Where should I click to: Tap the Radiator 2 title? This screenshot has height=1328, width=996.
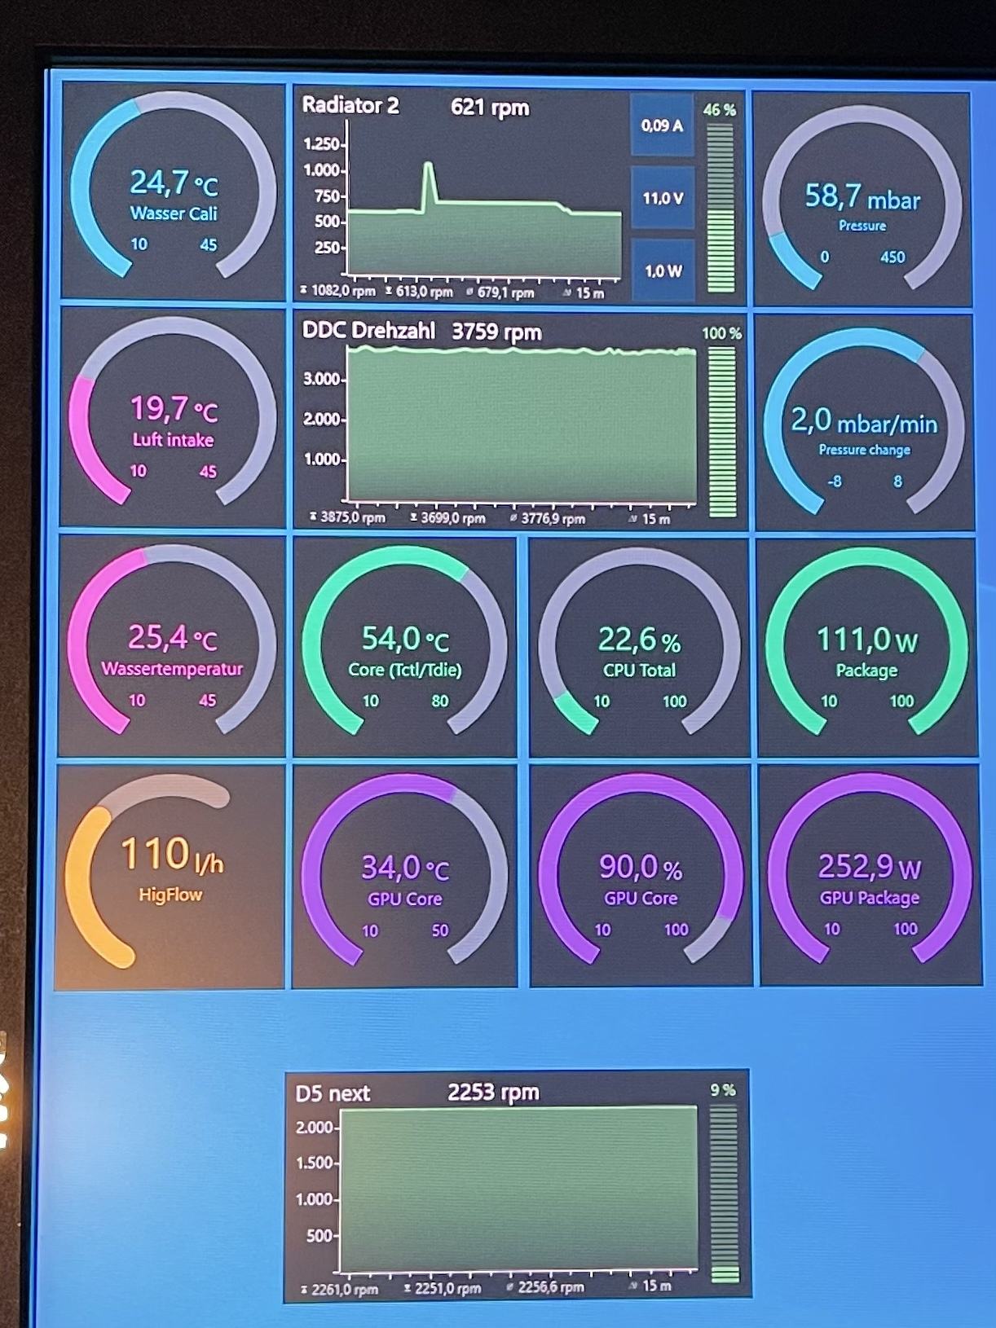(350, 106)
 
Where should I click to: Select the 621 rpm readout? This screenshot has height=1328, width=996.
(490, 107)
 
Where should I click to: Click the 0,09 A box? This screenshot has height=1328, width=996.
(662, 125)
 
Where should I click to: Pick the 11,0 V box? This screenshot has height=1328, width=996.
(663, 198)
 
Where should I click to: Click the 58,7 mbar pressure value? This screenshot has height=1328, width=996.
(862, 197)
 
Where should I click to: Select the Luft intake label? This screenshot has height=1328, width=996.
(173, 440)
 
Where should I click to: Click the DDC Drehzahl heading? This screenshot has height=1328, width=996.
(368, 331)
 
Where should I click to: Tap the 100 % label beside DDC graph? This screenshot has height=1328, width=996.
(721, 333)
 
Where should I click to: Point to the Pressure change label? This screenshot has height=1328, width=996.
(864, 450)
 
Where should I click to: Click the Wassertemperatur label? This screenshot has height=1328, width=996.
(172, 669)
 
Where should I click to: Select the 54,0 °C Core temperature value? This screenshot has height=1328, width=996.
(405, 640)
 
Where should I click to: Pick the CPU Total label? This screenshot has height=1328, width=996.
(639, 671)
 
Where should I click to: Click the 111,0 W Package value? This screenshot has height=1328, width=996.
(866, 640)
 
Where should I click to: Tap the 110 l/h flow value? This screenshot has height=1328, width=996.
(171, 855)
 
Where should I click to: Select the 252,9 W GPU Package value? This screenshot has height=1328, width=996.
(869, 868)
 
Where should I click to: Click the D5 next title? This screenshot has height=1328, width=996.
(333, 1093)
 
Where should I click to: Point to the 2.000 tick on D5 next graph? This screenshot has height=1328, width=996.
(315, 1128)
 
